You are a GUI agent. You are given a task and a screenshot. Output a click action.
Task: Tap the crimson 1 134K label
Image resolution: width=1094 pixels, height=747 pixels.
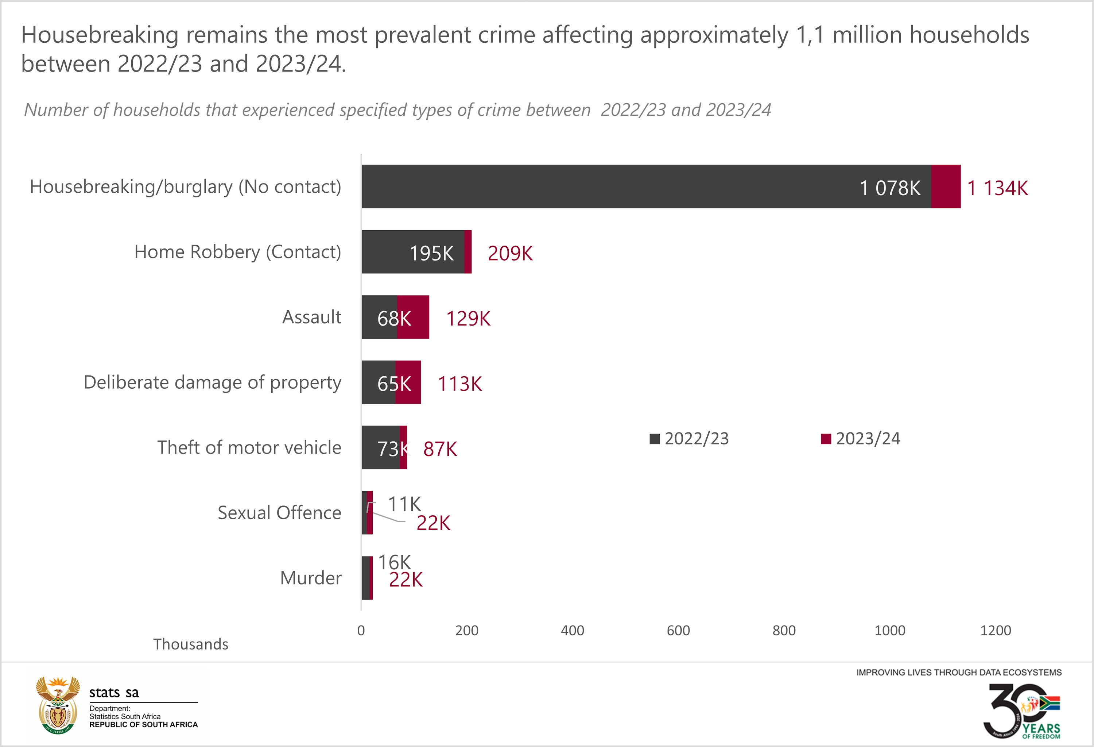coord(997,188)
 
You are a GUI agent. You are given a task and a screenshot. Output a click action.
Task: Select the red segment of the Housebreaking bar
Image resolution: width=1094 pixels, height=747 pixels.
coord(946,186)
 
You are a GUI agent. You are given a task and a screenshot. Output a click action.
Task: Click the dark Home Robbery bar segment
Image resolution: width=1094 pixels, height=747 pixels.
coord(412,251)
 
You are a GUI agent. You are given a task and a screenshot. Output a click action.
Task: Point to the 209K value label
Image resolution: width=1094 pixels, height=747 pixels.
coord(510,253)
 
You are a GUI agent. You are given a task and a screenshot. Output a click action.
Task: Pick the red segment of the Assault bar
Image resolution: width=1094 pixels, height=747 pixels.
coord(413,317)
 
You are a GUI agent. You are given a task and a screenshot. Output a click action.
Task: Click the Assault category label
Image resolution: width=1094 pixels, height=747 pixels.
coord(312,317)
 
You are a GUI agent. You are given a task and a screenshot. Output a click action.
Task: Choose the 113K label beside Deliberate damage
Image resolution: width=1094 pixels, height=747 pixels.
coord(459,384)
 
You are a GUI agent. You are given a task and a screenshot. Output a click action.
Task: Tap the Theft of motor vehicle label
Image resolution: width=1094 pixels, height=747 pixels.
coord(249,447)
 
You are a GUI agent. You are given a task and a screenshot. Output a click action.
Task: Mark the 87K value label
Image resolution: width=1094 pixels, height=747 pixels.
coord(440,449)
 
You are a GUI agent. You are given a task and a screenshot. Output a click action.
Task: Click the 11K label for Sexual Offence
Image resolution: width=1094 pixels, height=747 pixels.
coord(404,504)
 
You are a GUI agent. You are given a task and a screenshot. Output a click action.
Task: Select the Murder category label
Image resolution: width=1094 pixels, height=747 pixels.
coord(311,578)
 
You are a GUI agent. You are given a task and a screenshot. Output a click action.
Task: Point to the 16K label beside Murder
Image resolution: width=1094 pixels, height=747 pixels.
coord(395,562)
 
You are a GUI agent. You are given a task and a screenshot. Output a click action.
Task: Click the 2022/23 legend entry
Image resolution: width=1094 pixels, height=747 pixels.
coord(689,439)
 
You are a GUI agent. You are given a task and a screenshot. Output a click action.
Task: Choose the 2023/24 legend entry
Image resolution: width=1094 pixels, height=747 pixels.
coord(861,439)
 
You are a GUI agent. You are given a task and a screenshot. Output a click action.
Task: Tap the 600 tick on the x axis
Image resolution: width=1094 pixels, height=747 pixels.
coord(678,630)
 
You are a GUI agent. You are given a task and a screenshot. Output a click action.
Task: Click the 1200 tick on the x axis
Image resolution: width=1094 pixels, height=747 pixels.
coord(995,630)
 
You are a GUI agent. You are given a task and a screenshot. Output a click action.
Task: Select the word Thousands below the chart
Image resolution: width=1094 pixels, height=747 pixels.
coord(191,644)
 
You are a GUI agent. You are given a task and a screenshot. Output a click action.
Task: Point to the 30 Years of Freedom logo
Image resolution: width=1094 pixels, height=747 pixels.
coord(1021,712)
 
